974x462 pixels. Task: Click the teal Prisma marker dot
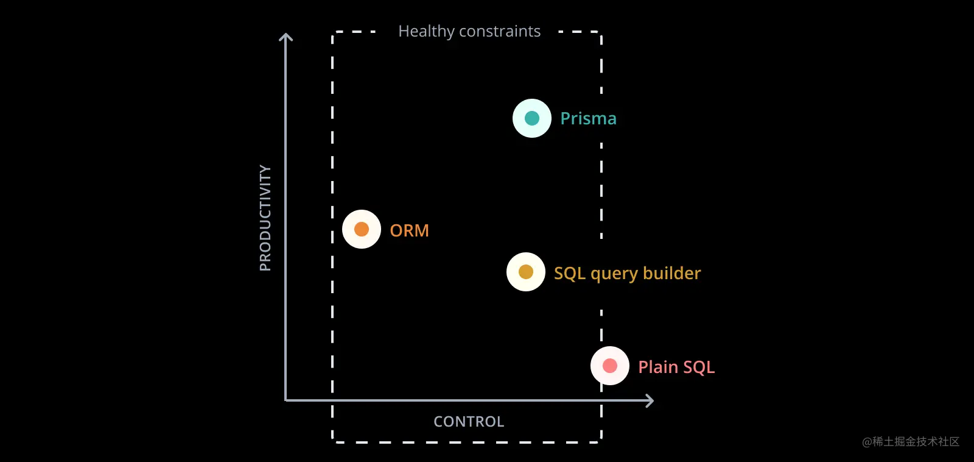[x=532, y=118]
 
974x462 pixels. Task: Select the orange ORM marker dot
[x=362, y=229]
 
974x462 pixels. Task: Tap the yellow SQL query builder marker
[x=526, y=272]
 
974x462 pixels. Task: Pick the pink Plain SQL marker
[x=609, y=366]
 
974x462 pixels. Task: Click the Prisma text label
[x=588, y=118]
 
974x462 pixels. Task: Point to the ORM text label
[x=409, y=230]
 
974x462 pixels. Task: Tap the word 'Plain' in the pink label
[x=658, y=367]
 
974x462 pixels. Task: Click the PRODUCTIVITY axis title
[x=265, y=218]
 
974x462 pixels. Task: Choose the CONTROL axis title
[x=469, y=422]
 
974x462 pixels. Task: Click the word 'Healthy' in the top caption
[x=426, y=31]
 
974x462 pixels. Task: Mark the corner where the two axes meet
[x=286, y=400]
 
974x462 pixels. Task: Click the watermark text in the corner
[x=911, y=441]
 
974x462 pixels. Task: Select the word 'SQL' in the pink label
[x=699, y=367]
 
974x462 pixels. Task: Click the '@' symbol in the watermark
[x=867, y=442]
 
